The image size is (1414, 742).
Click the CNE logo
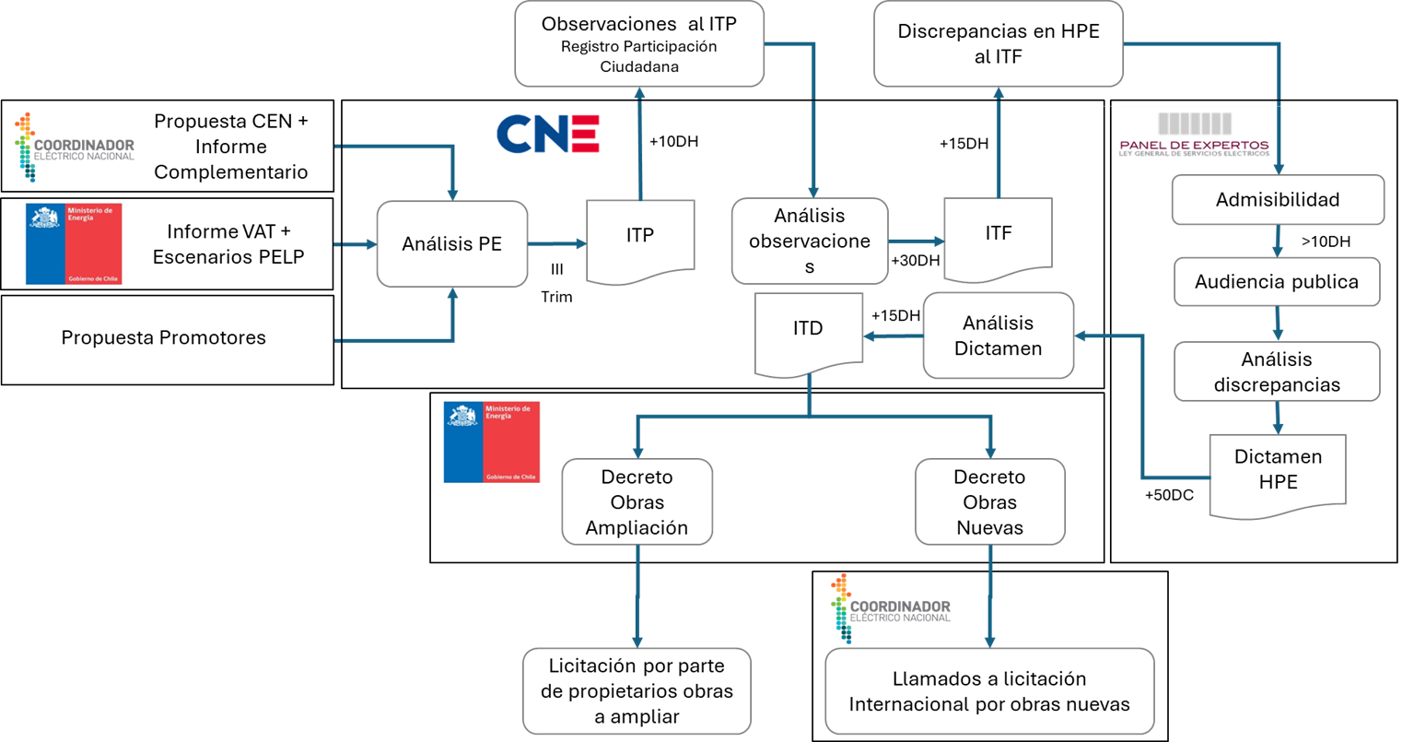point(548,134)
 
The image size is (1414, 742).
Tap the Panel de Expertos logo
point(1194,135)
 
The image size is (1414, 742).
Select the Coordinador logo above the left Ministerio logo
point(75,147)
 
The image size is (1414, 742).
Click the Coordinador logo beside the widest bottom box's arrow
point(890,608)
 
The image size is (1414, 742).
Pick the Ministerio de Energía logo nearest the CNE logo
point(492,442)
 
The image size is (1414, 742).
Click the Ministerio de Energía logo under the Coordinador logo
point(74,244)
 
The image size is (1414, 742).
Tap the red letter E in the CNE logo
point(585,134)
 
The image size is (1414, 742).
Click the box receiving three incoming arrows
point(451,244)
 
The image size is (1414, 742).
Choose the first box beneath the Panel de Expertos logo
point(1278,199)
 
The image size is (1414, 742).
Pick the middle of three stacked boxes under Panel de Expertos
point(1277,282)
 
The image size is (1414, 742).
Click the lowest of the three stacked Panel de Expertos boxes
point(1277,371)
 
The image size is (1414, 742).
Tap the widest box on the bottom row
point(989,690)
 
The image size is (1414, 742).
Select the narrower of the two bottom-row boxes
point(637,690)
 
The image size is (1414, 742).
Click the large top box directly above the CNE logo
point(639,43)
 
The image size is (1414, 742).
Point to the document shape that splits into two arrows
point(808,334)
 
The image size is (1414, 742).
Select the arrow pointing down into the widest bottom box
point(990,599)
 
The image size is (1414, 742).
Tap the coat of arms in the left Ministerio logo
point(44,220)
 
